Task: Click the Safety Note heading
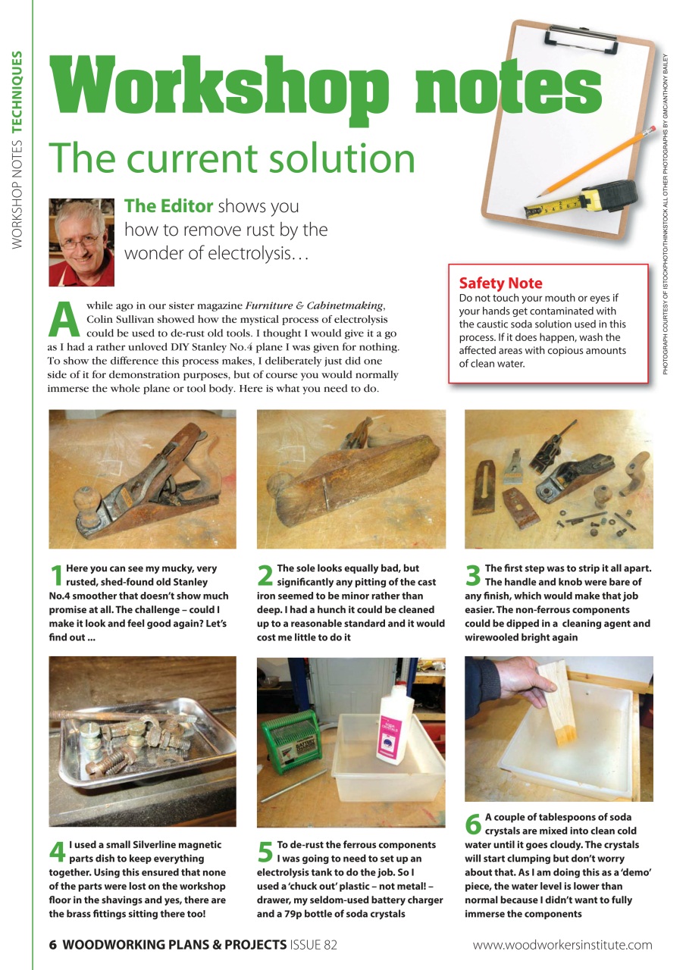pyautogui.click(x=500, y=283)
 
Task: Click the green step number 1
pyautogui.click(x=57, y=577)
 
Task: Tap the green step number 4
pyautogui.click(x=58, y=853)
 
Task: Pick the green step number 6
pyautogui.click(x=473, y=825)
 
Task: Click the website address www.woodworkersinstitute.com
pyautogui.click(x=562, y=944)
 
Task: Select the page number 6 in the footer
pyautogui.click(x=53, y=944)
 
